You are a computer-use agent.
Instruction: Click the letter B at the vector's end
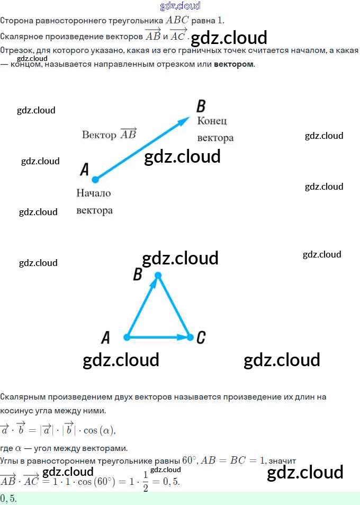click(201, 105)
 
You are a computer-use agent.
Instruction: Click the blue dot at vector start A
click(95, 180)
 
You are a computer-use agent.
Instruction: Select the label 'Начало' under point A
click(94, 193)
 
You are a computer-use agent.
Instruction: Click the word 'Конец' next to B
click(212, 121)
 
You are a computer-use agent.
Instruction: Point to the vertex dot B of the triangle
click(157, 275)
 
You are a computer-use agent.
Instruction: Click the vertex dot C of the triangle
click(191, 337)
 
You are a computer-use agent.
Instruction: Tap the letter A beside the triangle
click(106, 337)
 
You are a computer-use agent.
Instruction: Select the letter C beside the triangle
click(201, 337)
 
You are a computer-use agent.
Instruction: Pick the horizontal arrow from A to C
click(159, 337)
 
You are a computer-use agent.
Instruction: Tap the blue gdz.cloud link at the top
click(180, 6)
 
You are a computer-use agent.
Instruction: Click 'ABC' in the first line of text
click(178, 20)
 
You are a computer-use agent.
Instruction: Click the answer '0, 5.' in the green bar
click(9, 499)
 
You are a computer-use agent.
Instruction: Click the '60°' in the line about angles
click(189, 460)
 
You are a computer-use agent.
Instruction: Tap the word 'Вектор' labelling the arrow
click(99, 135)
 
